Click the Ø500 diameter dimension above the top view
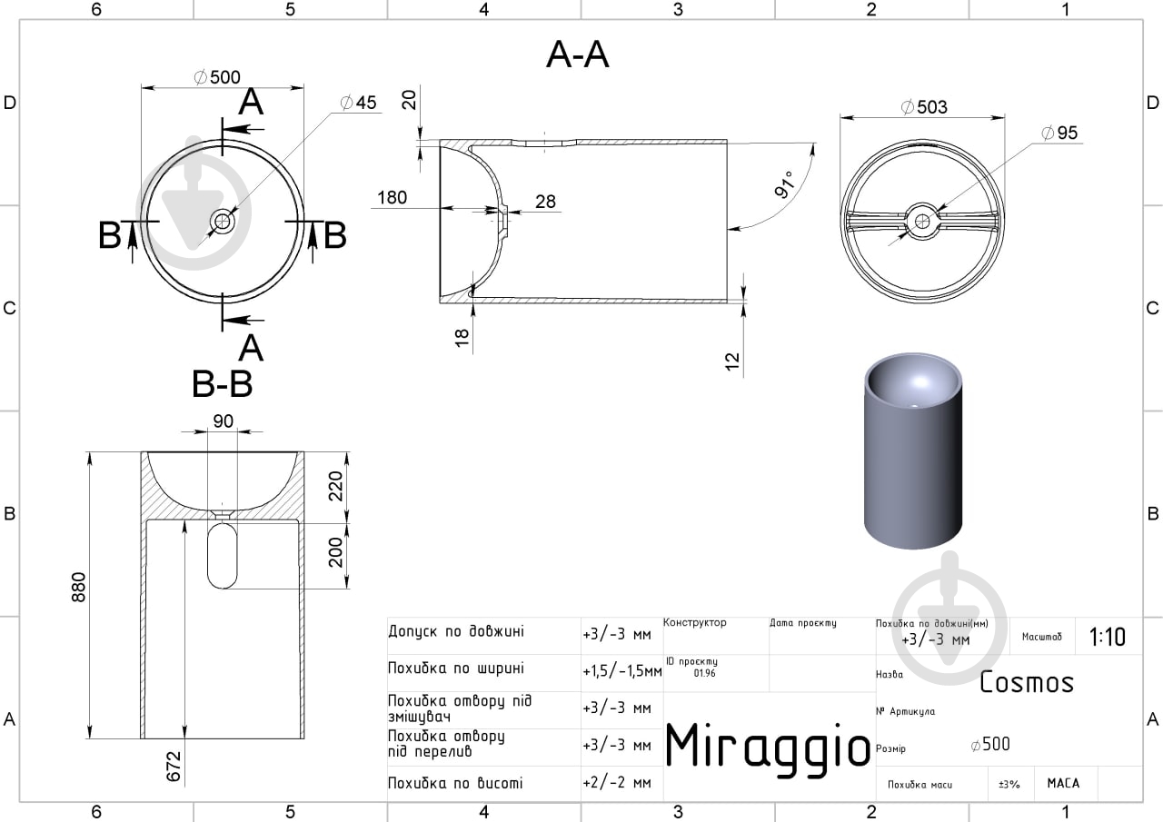point(217,77)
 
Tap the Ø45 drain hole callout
point(358,103)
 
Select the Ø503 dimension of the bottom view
point(924,107)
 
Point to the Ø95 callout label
point(1059,133)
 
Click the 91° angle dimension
point(784,184)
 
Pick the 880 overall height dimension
point(78,587)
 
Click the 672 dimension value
point(174,766)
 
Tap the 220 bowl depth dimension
point(336,486)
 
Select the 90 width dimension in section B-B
point(224,421)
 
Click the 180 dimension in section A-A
point(392,197)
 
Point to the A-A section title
point(577,54)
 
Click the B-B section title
point(223,384)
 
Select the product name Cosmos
point(1027,682)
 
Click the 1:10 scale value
point(1107,637)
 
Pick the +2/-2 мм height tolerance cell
point(617,783)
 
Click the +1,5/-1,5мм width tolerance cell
point(622,671)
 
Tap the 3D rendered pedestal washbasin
point(913,451)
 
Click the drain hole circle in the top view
point(223,222)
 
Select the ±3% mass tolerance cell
point(1009,784)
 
